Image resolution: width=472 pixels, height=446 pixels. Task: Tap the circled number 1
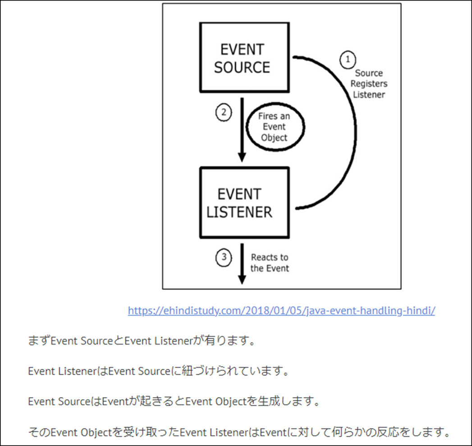348,59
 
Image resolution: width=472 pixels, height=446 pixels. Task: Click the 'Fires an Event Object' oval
274,127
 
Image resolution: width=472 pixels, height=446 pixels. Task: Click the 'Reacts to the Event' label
270,262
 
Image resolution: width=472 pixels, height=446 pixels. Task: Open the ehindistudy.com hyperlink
281,311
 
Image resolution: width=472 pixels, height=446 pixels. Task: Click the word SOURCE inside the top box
242,67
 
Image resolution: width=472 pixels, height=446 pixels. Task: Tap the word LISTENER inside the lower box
240,212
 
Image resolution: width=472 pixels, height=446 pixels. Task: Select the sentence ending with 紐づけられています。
158,372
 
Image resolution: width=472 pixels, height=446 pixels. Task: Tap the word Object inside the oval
274,138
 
